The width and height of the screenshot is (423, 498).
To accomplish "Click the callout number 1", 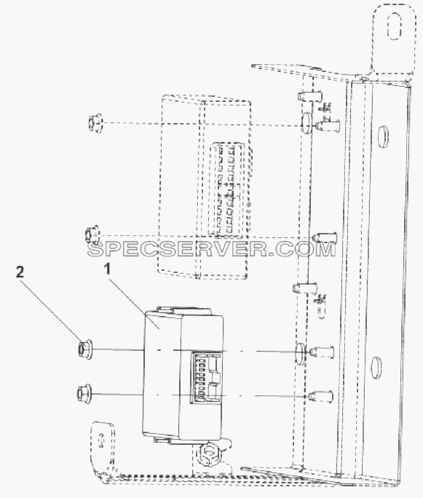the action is pyautogui.click(x=108, y=269).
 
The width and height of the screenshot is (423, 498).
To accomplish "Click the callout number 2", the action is pyautogui.click(x=20, y=272).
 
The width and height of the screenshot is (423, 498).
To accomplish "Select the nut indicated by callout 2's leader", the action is pyautogui.click(x=84, y=349).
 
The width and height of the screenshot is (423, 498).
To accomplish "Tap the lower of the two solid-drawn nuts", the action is pyautogui.click(x=84, y=393).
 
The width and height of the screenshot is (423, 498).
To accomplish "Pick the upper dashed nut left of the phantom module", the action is pyautogui.click(x=95, y=123).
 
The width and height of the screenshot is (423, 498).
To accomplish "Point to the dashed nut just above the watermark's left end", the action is pyautogui.click(x=92, y=235).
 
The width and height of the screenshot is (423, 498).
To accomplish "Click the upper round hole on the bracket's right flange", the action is pyautogui.click(x=383, y=137).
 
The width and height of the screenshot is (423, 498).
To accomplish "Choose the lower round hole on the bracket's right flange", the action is pyautogui.click(x=376, y=368).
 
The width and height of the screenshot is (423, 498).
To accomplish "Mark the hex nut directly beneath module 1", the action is pyautogui.click(x=208, y=453).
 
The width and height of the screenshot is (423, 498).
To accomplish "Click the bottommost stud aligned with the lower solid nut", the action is pyautogui.click(x=320, y=396).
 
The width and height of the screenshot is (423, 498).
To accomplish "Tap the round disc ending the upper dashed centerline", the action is pyautogui.click(x=307, y=122).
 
